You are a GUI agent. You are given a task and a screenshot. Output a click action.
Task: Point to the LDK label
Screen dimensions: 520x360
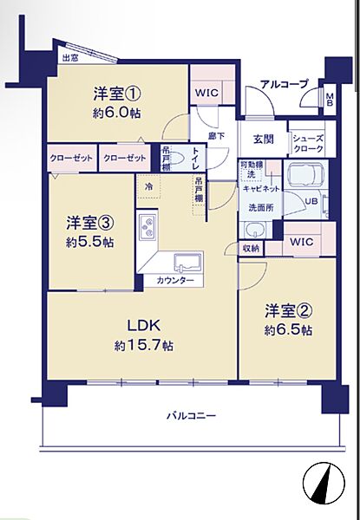(x=143, y=328)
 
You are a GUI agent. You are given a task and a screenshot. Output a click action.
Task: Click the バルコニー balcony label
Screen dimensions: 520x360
(x=192, y=416)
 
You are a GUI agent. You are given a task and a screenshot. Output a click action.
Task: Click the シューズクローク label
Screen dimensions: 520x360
(x=308, y=142)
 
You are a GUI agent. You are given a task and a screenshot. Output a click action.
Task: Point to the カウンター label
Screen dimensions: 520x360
(x=174, y=281)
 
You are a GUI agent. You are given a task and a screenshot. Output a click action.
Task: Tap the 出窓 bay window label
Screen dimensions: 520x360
(x=69, y=58)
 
